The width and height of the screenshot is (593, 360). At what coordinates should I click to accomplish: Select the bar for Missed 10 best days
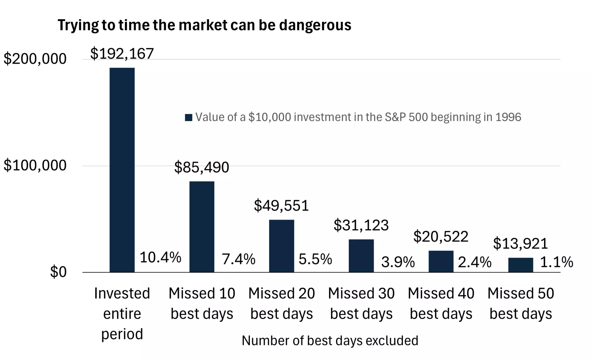click(x=202, y=226)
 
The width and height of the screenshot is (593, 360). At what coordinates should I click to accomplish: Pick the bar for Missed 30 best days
click(x=361, y=256)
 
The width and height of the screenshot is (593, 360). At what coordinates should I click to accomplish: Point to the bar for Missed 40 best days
click(x=441, y=261)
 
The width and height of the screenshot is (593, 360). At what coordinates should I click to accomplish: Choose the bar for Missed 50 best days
click(x=520, y=265)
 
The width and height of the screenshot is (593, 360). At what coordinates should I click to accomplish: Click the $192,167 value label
click(x=122, y=54)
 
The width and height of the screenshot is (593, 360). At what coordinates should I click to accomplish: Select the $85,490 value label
click(x=202, y=167)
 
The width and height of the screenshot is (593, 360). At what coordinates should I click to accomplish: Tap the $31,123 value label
click(x=361, y=225)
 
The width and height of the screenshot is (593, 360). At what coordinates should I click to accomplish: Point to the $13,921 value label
click(x=520, y=244)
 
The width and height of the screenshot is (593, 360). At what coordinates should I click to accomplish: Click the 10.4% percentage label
click(x=160, y=257)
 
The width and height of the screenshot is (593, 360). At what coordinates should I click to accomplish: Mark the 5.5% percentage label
click(x=315, y=259)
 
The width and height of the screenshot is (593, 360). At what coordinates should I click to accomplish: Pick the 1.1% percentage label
click(x=556, y=262)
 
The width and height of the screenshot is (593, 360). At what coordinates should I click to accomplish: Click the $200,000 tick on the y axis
click(x=35, y=59)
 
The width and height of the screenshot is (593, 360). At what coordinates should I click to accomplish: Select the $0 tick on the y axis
click(x=58, y=272)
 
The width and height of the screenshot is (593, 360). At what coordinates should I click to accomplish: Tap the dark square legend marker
click(x=188, y=117)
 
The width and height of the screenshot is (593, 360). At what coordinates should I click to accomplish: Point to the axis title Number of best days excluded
click(x=330, y=340)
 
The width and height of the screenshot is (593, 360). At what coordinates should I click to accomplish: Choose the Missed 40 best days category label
click(x=441, y=303)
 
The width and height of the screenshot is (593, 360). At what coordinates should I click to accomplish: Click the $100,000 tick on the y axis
click(x=35, y=165)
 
